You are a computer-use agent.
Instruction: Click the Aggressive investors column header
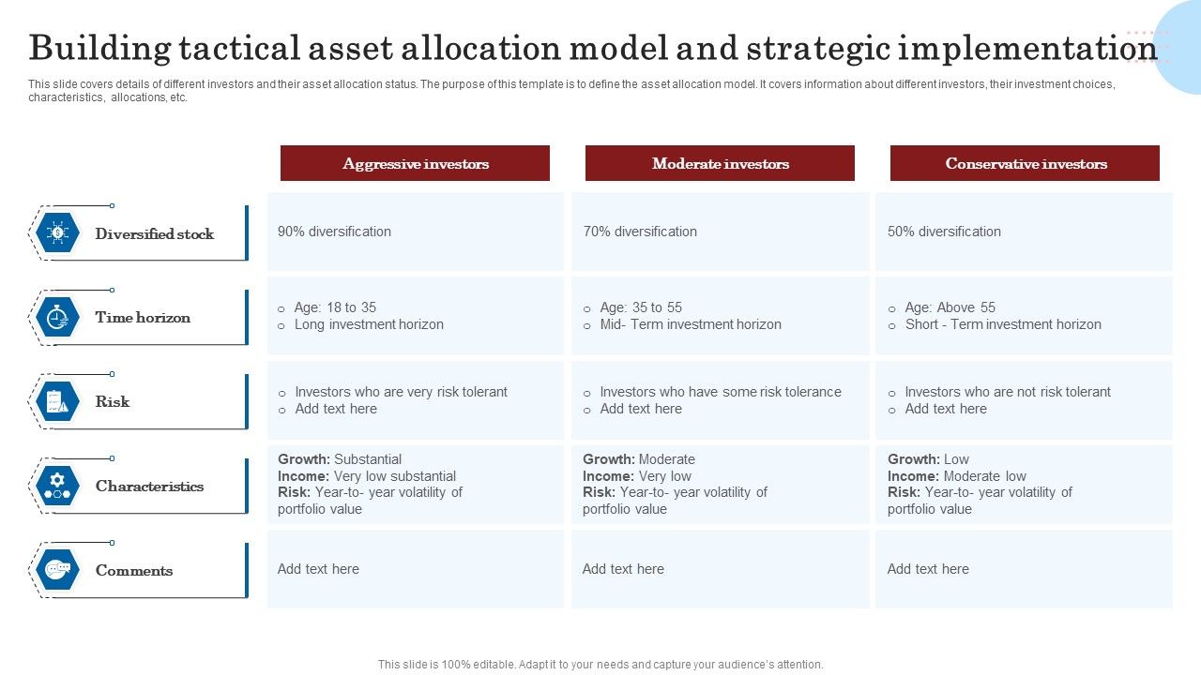pos(415,163)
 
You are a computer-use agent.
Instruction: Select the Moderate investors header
pos(720,163)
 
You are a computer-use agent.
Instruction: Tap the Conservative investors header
pos(1025,163)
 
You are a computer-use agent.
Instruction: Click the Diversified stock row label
pos(155,233)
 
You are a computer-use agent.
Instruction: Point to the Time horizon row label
pos(143,318)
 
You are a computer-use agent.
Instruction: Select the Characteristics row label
pos(149,487)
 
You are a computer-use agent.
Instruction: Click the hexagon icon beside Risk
pos(57,401)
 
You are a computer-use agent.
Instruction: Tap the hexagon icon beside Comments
pos(57,570)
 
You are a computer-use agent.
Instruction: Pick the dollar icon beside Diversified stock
pos(57,232)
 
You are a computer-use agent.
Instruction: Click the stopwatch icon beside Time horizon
pos(57,317)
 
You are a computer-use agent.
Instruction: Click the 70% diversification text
pos(640,232)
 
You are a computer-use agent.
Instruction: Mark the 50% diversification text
pos(944,232)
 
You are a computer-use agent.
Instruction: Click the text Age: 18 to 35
pos(335,307)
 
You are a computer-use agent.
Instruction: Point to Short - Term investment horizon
pos(1003,324)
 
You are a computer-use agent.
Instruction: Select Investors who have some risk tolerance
pos(721,392)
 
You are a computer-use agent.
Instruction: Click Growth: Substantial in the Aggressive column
pos(340,459)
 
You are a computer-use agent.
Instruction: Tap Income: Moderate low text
pos(957,476)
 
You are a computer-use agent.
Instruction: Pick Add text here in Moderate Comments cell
pos(623,569)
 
